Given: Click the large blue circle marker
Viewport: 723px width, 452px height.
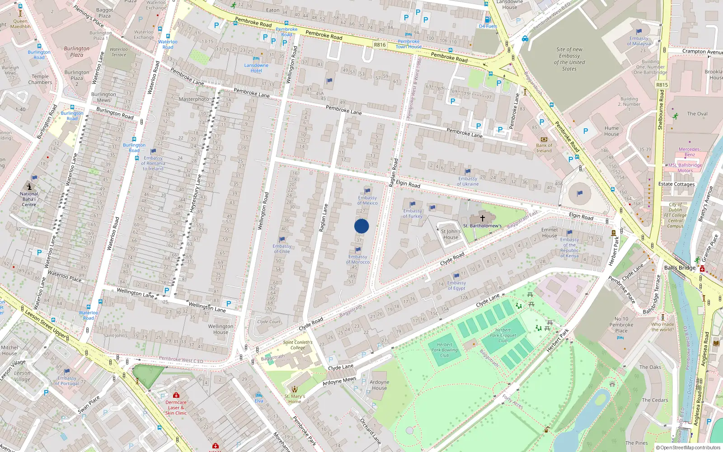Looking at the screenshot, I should point(361,226).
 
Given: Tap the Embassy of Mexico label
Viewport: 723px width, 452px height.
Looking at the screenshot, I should point(367,200).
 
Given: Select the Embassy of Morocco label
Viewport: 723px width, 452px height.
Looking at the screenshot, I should point(358,259).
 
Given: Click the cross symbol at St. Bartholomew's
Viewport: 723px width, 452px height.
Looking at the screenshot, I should point(482,218).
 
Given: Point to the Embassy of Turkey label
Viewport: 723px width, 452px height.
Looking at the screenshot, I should point(413,213).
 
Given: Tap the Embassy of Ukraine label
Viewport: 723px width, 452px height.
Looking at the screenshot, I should point(468,181).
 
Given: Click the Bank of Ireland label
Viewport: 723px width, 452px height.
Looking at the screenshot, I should point(544,148).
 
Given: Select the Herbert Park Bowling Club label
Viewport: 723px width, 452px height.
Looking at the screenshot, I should point(445,350).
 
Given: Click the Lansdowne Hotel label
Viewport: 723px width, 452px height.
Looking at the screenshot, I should point(256,68).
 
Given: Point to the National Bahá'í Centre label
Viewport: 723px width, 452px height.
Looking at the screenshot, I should point(29,199).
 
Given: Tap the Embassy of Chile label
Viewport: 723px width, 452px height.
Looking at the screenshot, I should point(282,249).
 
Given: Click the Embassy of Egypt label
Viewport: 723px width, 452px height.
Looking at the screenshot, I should point(456,285).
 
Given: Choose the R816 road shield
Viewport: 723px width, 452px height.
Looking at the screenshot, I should point(380,45).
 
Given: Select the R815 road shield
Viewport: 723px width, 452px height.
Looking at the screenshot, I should point(662,85).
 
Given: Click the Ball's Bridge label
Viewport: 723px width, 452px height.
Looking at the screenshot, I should point(680,268).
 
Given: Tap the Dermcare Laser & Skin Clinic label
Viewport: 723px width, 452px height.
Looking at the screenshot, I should point(176,407).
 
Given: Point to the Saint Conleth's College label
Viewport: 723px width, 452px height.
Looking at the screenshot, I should point(298,345).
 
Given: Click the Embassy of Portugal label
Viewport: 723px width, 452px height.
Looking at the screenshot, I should point(67,381).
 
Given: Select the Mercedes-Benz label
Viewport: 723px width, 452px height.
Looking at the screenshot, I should point(690,152).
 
